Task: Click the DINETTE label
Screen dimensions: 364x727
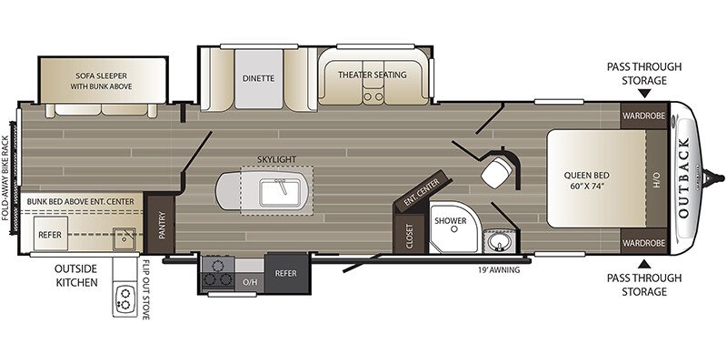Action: pyautogui.click(x=258, y=78)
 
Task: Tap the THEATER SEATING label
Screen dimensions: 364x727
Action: pyautogui.click(x=372, y=75)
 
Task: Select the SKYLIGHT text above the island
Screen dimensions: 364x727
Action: pyautogui.click(x=277, y=159)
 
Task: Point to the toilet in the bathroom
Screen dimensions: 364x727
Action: pyautogui.click(x=497, y=170)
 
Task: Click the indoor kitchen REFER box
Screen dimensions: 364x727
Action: pyautogui.click(x=285, y=271)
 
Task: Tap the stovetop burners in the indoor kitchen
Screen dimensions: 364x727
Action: pyautogui.click(x=217, y=272)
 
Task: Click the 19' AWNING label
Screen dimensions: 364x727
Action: pyautogui.click(x=499, y=270)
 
